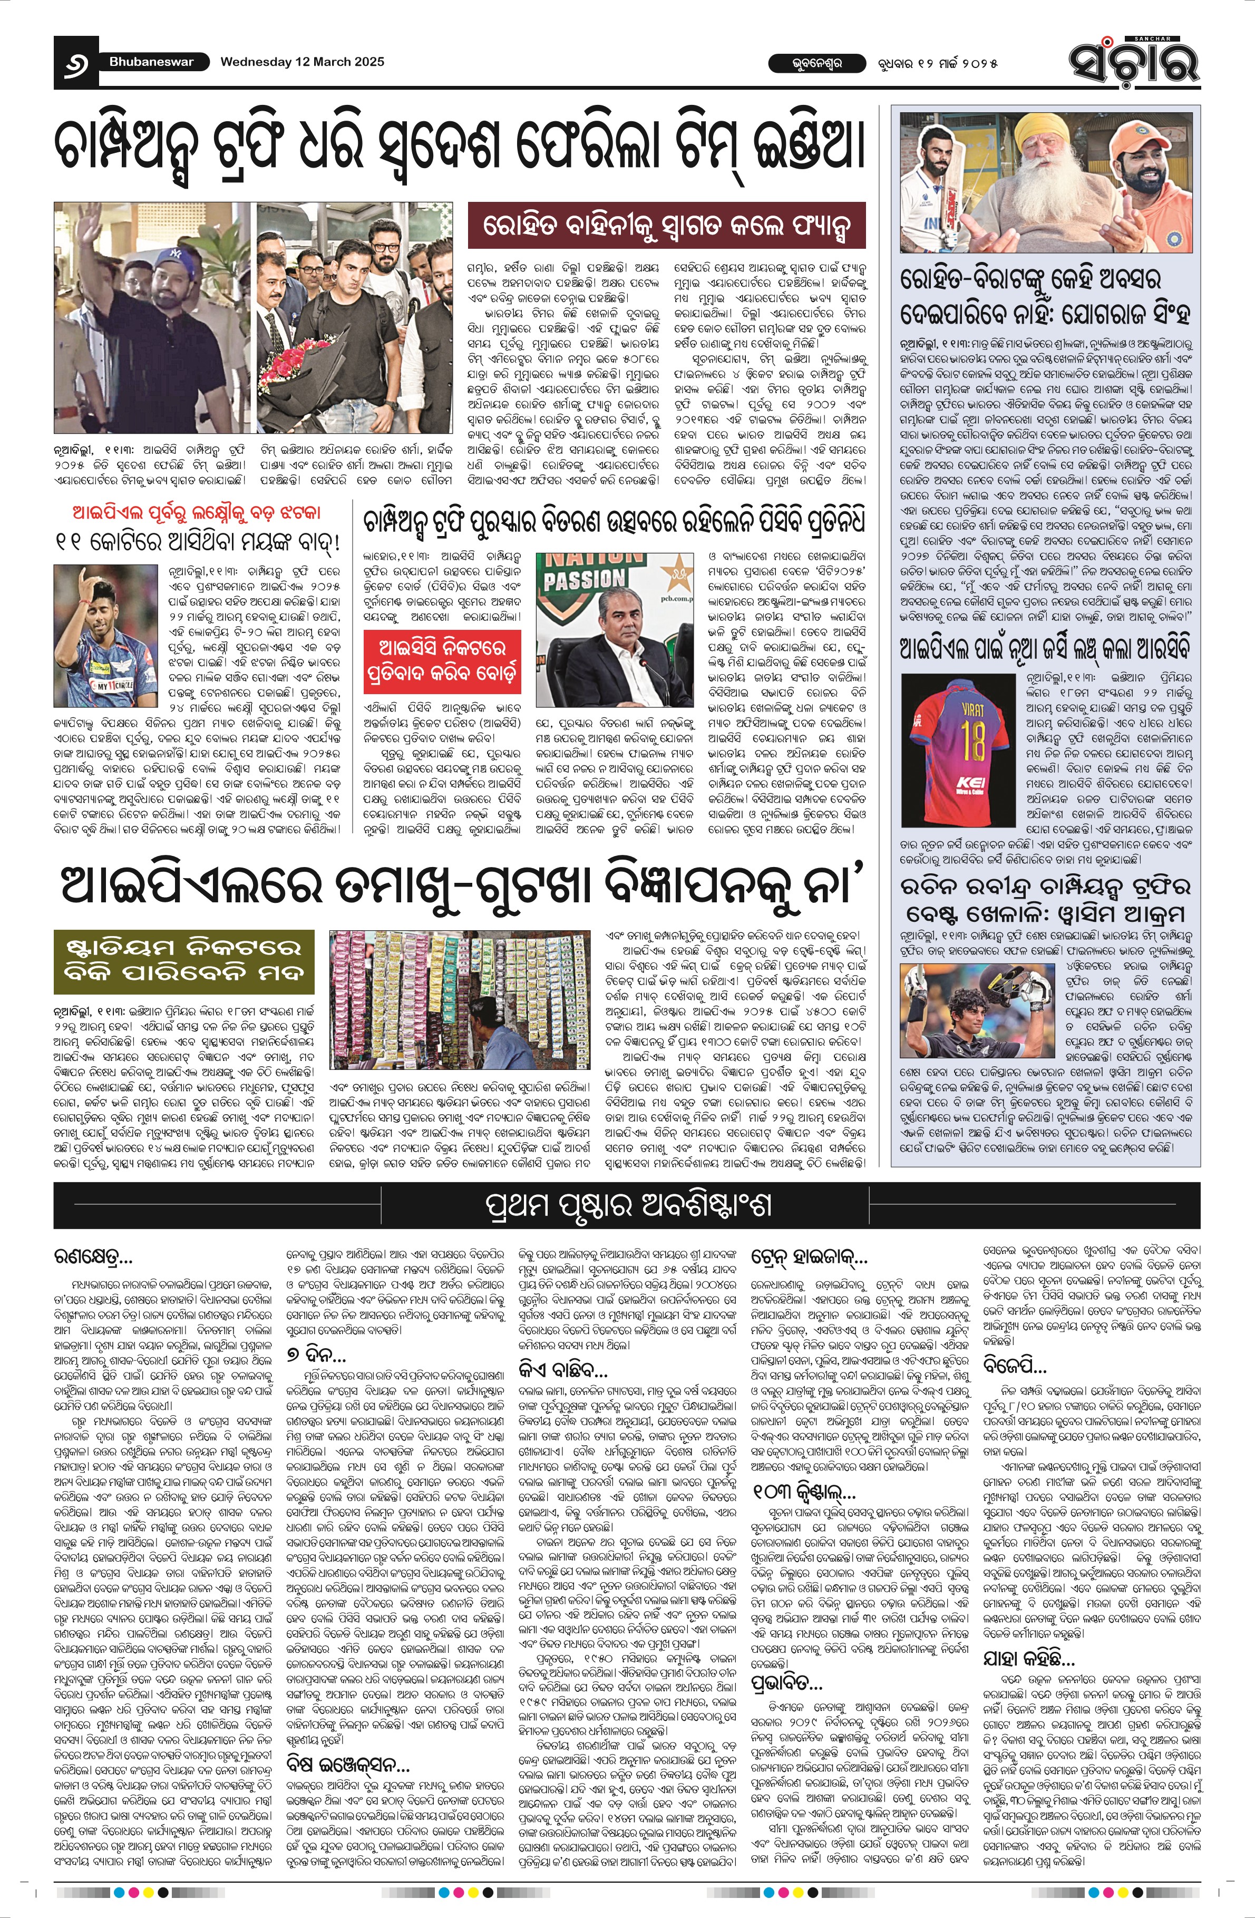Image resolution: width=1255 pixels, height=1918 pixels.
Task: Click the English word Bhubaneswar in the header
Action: [x=151, y=62]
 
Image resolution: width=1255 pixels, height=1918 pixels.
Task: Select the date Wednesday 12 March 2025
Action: [x=302, y=62]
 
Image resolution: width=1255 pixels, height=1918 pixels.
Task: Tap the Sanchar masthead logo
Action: [x=1133, y=61]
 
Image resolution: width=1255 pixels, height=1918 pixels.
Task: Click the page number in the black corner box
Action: [x=75, y=63]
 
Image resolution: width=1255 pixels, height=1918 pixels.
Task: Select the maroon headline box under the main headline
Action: [x=667, y=225]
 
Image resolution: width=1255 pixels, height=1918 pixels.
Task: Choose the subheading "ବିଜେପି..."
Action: [x=1014, y=1365]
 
